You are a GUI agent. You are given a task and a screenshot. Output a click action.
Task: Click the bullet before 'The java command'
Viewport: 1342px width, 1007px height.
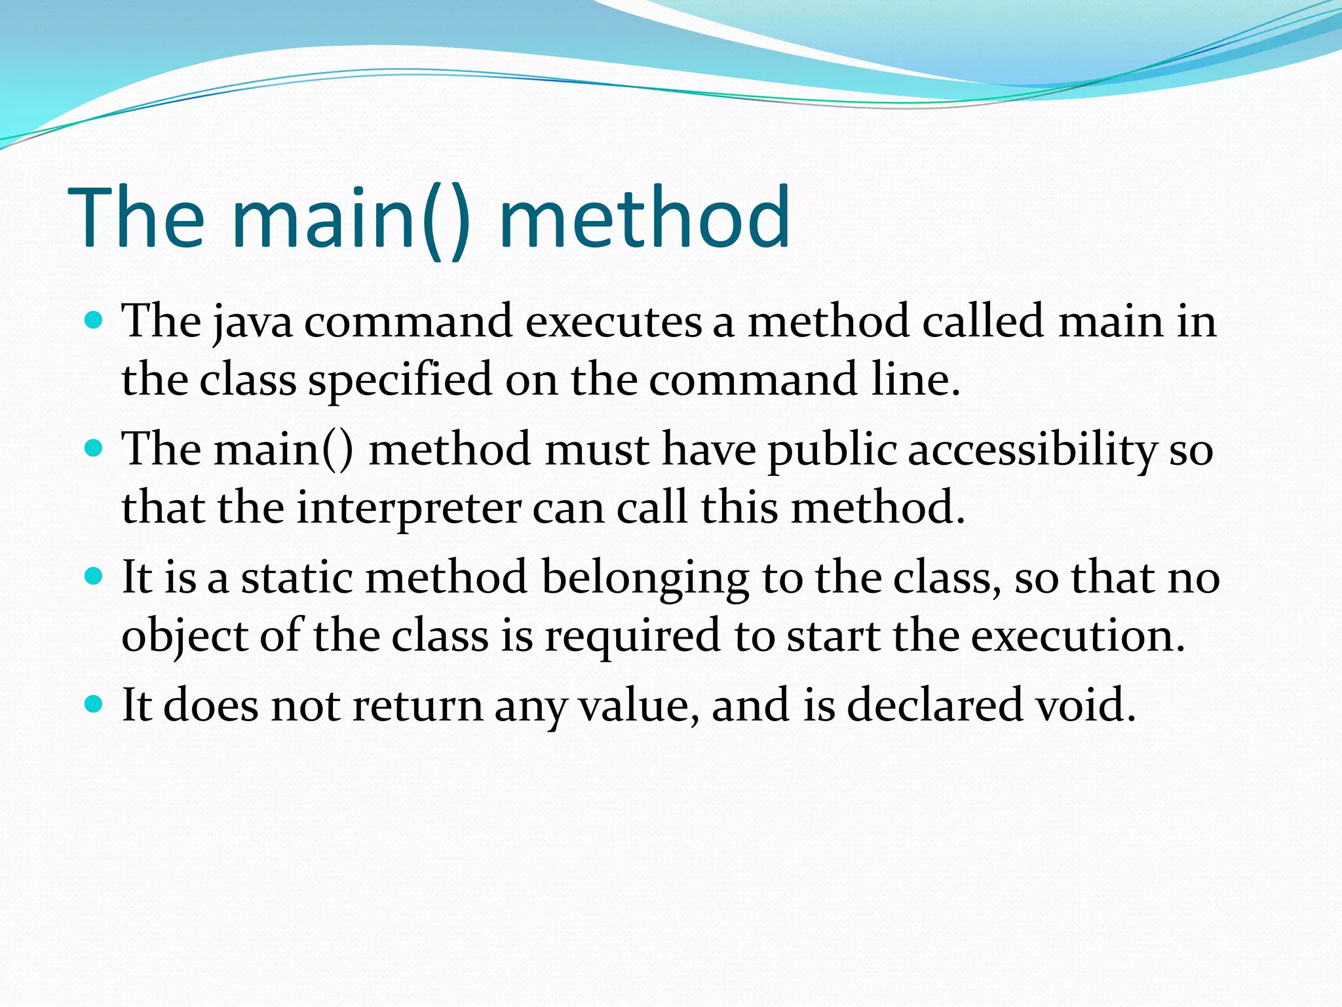(94, 321)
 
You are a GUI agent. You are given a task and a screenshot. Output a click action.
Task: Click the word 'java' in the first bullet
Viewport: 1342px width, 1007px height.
(253, 323)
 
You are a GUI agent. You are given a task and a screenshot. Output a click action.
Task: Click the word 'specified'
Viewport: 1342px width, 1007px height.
(400, 380)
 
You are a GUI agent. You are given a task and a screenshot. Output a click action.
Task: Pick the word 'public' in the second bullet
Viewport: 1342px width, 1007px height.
(832, 451)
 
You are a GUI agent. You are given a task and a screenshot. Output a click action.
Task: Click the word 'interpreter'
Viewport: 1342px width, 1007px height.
(409, 509)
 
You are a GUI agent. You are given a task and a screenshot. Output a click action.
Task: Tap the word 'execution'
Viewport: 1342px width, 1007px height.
(1078, 636)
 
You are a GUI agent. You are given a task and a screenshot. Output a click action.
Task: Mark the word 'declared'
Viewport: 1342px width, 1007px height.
(934, 705)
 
